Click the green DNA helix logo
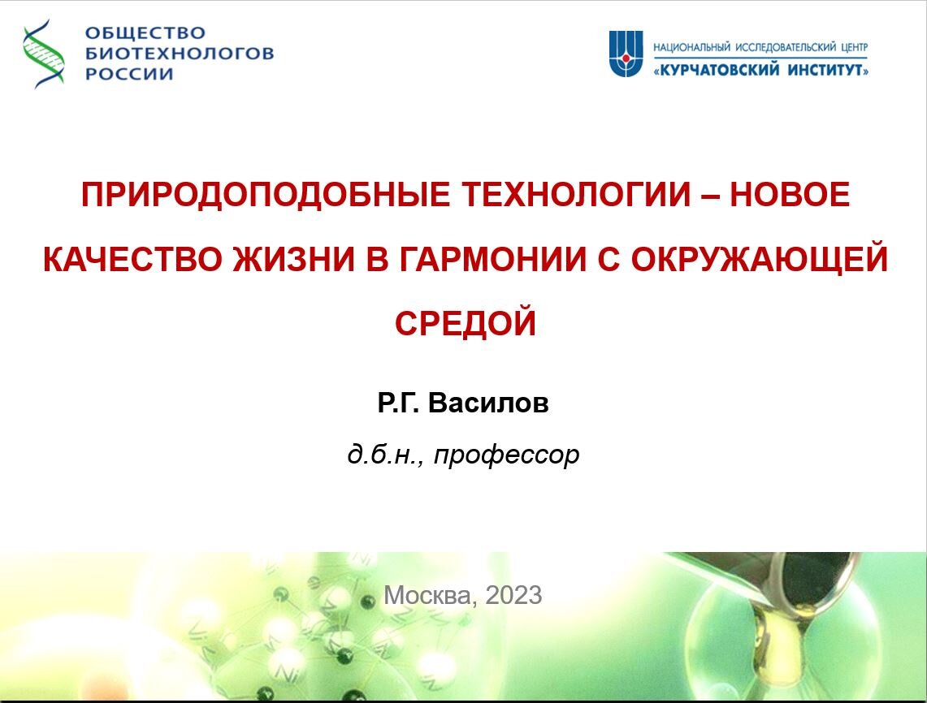[x=44, y=54]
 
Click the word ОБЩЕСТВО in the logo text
[x=145, y=32]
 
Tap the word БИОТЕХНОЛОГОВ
[x=180, y=53]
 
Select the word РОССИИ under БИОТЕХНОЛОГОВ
[x=129, y=74]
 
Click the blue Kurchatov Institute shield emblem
[x=626, y=54]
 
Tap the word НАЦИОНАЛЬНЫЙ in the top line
[x=691, y=47]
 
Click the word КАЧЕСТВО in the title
[x=132, y=259]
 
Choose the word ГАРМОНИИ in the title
[x=493, y=259]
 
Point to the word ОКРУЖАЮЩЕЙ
[x=760, y=259]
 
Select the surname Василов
[x=488, y=403]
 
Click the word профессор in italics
[x=507, y=455]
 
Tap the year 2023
[x=513, y=595]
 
